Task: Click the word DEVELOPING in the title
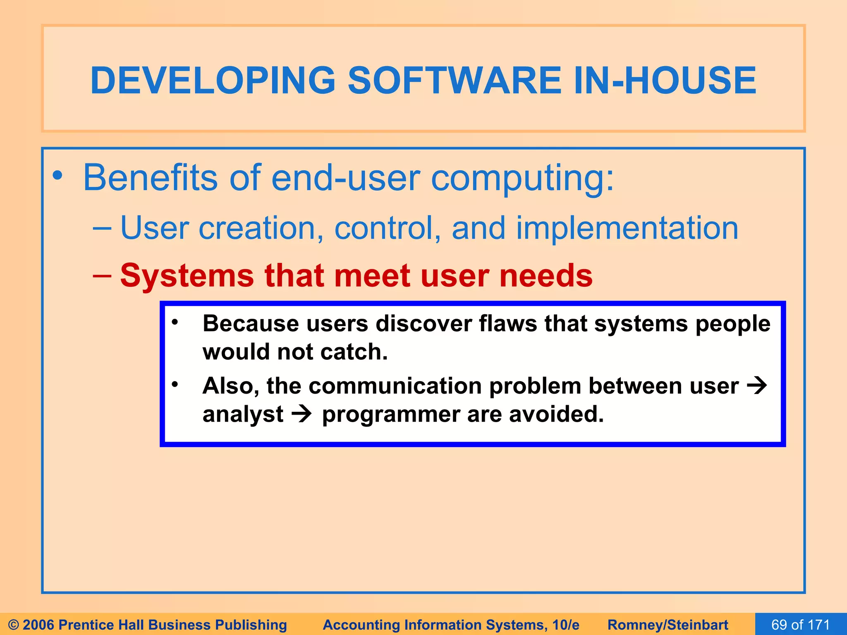tap(213, 80)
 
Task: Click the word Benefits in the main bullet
tap(150, 178)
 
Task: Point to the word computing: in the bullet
tap(522, 179)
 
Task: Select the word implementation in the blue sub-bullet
tap(627, 228)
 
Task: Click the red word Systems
tap(187, 276)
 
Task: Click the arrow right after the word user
tap(757, 386)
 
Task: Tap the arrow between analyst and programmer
tap(301, 414)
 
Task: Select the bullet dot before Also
tap(175, 384)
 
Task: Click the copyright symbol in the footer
tap(14, 625)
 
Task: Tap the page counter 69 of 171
tap(801, 625)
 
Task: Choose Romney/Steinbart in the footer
tap(668, 625)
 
